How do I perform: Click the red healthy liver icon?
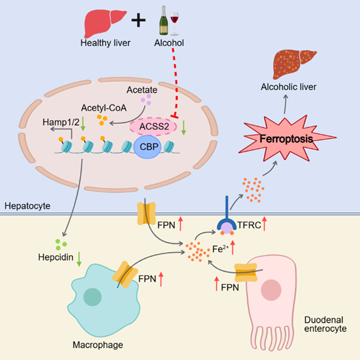(105, 23)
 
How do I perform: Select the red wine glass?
(175, 24)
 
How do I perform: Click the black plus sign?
(138, 20)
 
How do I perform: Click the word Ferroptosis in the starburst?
(286, 139)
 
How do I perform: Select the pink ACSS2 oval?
(153, 126)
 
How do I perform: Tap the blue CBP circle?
(147, 147)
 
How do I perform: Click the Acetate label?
(142, 90)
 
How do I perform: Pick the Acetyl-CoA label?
(104, 108)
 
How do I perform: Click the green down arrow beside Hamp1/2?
(83, 123)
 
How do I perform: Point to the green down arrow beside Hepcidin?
(79, 259)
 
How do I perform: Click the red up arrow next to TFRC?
(265, 223)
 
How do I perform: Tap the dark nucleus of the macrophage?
(92, 297)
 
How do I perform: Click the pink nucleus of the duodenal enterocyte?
(271, 290)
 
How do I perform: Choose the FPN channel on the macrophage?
(125, 275)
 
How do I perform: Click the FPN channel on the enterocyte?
(245, 273)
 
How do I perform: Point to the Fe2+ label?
(221, 249)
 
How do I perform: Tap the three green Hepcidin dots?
(61, 245)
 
